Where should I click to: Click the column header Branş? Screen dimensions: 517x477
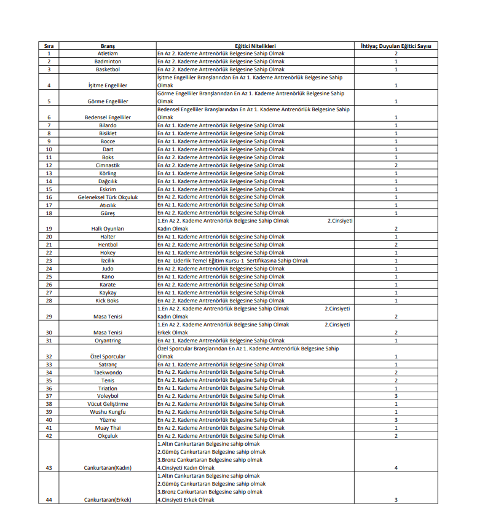[108, 46]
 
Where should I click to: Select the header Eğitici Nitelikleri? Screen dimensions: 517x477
[255, 46]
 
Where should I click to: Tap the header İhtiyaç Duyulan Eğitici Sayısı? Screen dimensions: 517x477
[396, 46]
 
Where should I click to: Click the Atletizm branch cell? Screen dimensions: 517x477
[108, 54]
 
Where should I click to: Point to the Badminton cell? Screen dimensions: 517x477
[108, 62]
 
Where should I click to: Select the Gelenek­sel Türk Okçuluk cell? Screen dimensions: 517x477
[108, 197]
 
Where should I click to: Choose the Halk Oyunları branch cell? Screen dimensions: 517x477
[108, 229]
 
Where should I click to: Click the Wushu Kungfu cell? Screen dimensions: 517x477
[108, 412]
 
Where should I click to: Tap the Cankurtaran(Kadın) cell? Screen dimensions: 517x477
[108, 468]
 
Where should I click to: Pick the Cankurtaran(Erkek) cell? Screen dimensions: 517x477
[108, 500]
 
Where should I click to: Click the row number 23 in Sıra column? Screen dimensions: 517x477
[49, 261]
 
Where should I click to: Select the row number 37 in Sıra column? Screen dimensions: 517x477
[49, 396]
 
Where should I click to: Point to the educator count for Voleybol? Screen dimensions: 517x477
[396, 396]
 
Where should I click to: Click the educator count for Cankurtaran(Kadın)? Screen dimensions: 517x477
[396, 468]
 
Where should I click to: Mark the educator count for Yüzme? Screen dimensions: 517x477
[396, 420]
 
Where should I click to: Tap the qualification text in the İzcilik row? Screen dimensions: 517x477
[233, 261]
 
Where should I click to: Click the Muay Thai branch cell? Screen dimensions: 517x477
[108, 428]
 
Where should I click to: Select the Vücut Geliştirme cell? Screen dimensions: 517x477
[108, 404]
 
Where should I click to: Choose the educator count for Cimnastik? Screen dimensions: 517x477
[396, 165]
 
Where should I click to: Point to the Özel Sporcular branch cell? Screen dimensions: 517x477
[108, 357]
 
